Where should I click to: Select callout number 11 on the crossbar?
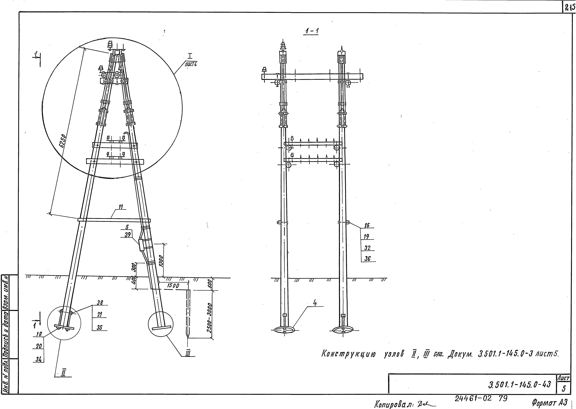pyautogui.click(x=121, y=207)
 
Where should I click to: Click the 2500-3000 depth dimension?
pyautogui.click(x=209, y=318)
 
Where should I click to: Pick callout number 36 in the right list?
pyautogui.click(x=367, y=259)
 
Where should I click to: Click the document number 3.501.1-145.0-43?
pyautogui.click(x=520, y=385)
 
